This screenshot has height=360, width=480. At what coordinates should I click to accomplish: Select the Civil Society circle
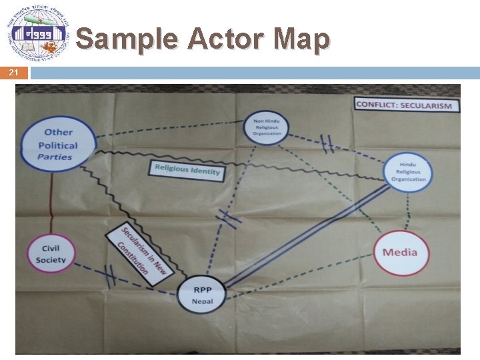coord(51,253)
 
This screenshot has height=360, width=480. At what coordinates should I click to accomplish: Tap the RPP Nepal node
coord(203,295)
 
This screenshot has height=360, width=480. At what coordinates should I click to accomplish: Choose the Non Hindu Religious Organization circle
coord(267,126)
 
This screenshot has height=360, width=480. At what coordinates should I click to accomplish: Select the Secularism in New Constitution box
coord(140,253)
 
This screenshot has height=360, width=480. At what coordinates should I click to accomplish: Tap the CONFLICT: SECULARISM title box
coord(404,105)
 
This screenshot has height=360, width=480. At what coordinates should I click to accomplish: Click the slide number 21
coord(14,73)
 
